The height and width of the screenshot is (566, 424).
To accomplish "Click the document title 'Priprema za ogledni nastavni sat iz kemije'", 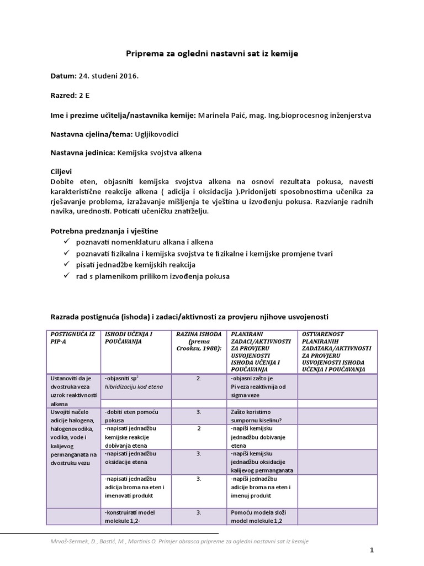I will pos(212,54).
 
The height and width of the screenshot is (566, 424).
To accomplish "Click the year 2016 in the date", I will pos(127,75).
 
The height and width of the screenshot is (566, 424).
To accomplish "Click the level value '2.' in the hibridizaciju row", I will pos(198,379).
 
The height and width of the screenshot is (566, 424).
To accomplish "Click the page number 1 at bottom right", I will pos(372,550).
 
